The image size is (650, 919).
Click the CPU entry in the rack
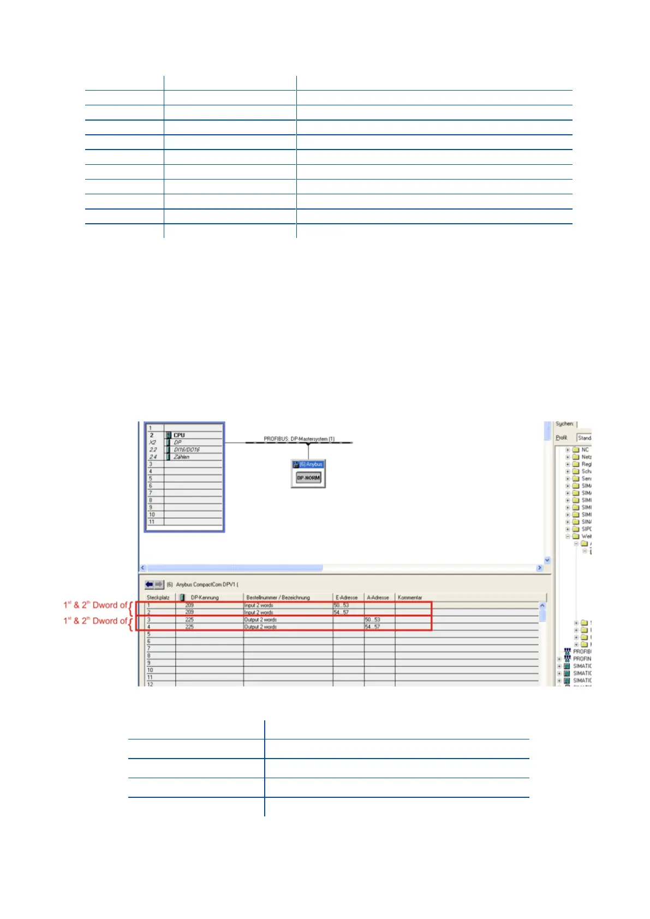pyautogui.click(x=179, y=435)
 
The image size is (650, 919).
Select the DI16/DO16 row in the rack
pyautogui.click(x=187, y=450)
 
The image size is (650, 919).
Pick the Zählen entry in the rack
pyautogui.click(x=181, y=457)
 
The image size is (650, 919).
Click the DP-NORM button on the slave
pyautogui.click(x=308, y=478)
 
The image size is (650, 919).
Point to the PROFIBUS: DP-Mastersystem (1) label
pyautogui.click(x=299, y=439)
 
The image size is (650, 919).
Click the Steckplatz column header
pyautogui.click(x=158, y=598)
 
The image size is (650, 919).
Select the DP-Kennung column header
pyautogui.click(x=205, y=598)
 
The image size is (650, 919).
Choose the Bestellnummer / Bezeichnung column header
pyautogui.click(x=278, y=598)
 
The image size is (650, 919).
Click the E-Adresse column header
pyautogui.click(x=347, y=598)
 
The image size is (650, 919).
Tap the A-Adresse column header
pyautogui.click(x=378, y=598)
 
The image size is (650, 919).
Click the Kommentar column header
pyautogui.click(x=410, y=598)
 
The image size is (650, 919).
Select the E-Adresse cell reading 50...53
pyautogui.click(x=341, y=605)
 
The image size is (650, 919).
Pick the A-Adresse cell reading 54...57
pyautogui.click(x=372, y=627)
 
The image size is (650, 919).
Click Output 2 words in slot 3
pyautogui.click(x=260, y=620)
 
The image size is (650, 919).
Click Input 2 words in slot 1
pyautogui.click(x=259, y=605)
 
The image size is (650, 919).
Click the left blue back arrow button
pyautogui.click(x=149, y=584)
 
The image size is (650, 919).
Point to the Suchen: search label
pyautogui.click(x=564, y=423)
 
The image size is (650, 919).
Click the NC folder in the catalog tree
pyautogui.click(x=585, y=450)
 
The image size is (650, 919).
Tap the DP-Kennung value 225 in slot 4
pyautogui.click(x=189, y=627)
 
